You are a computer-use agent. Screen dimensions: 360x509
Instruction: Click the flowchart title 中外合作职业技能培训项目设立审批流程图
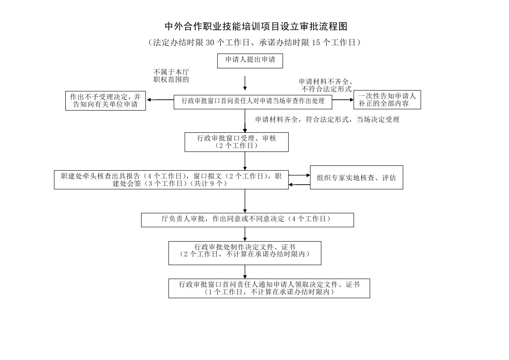click(256, 27)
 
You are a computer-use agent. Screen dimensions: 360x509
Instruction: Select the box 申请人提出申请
click(250, 61)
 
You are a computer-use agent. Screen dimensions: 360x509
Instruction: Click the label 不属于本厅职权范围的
click(171, 75)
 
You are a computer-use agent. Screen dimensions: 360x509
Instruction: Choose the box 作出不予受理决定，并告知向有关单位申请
click(105, 101)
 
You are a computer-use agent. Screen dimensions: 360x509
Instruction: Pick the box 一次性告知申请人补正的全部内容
click(387, 100)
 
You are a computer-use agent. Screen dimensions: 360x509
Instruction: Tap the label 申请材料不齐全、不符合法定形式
click(326, 85)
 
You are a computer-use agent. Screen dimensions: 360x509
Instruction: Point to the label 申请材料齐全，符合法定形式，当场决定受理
click(327, 119)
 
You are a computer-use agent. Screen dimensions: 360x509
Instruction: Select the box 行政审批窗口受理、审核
click(236, 142)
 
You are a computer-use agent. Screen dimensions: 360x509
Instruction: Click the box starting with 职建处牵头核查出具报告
click(171, 180)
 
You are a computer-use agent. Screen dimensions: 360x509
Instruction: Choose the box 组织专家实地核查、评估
click(356, 178)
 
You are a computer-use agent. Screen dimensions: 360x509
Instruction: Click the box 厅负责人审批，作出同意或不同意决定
click(247, 219)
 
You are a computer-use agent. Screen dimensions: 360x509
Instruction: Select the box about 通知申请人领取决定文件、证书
click(269, 288)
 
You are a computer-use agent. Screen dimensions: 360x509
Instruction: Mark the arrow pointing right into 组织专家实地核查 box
click(299, 175)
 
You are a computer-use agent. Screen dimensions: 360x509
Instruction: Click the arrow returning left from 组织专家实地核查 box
click(299, 185)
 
